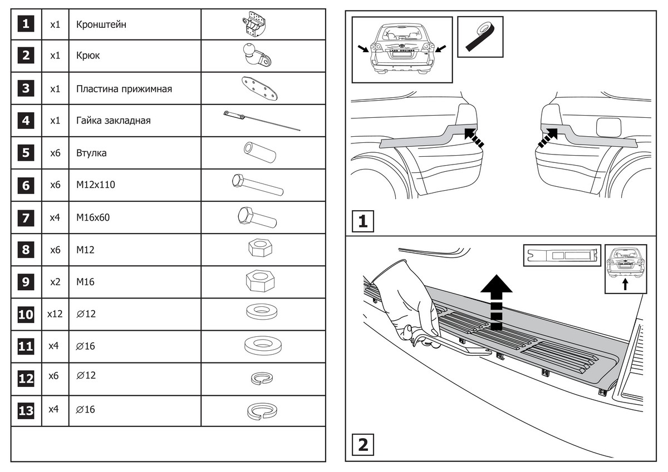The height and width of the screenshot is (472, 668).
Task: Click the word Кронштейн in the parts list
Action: (x=102, y=24)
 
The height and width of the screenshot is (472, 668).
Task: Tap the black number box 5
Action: (x=26, y=152)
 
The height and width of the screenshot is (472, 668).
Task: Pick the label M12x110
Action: (x=96, y=185)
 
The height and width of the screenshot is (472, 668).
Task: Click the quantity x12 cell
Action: (x=55, y=314)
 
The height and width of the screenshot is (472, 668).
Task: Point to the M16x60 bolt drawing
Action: (x=257, y=217)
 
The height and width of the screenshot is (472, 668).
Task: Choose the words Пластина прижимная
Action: (x=124, y=89)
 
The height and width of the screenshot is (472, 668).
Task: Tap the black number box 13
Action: (x=26, y=411)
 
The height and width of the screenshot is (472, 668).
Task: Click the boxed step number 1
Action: (x=362, y=221)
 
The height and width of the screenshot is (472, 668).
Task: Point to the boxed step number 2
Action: (x=362, y=444)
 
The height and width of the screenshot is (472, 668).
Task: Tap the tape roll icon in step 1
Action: (x=479, y=36)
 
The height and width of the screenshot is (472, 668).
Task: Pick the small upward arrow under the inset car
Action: (x=625, y=285)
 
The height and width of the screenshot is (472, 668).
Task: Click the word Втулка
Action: (x=91, y=153)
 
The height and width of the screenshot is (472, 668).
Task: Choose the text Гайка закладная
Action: (x=114, y=121)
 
